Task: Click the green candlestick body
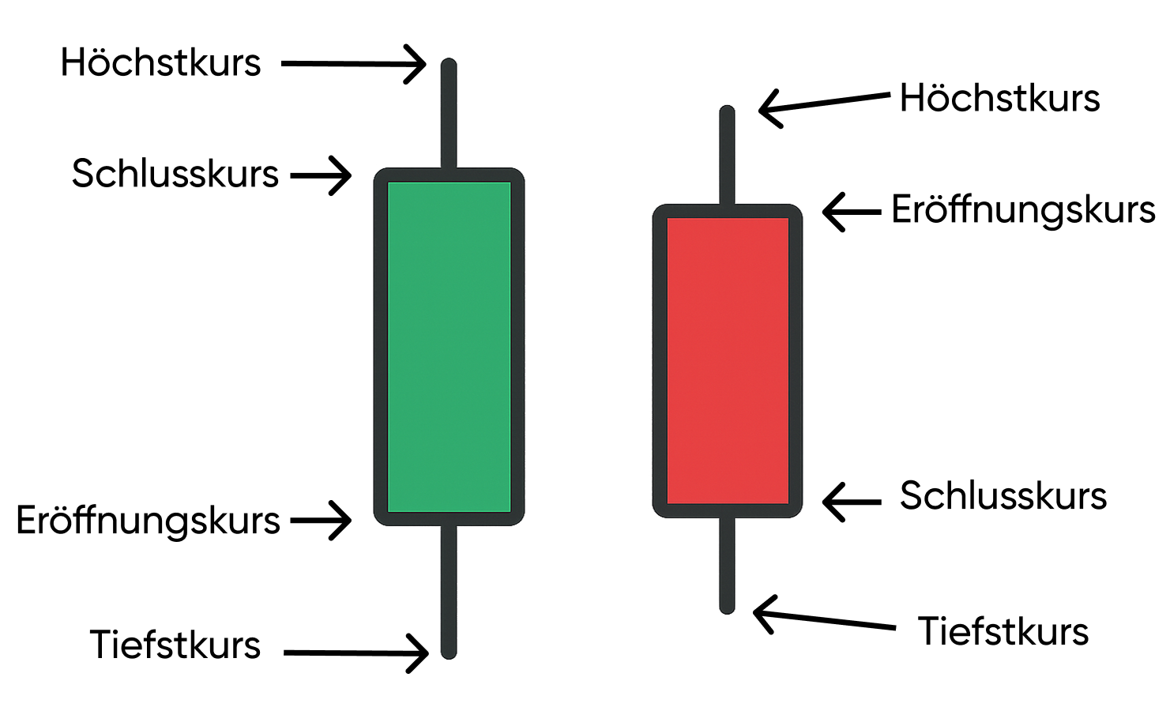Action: pyautogui.click(x=449, y=346)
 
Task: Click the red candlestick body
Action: pyautogui.click(x=728, y=360)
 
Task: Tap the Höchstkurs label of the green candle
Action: pyautogui.click(x=160, y=63)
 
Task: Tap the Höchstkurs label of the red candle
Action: pyautogui.click(x=999, y=99)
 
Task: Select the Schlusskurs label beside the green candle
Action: pyautogui.click(x=175, y=174)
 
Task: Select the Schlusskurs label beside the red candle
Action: pyautogui.click(x=1003, y=496)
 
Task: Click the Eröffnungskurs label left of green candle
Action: pyautogui.click(x=149, y=521)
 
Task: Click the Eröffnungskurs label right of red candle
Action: pyautogui.click(x=1023, y=210)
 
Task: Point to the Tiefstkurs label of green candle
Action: pyautogui.click(x=175, y=645)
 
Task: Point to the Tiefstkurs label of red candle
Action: pyautogui.click(x=1003, y=632)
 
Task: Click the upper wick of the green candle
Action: pyautogui.click(x=449, y=115)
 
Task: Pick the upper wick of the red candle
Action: pyautogui.click(x=728, y=156)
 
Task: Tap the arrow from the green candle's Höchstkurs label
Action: pyautogui.click(x=354, y=64)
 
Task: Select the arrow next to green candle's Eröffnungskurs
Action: pyautogui.click(x=321, y=521)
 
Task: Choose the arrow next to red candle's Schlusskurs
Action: pyautogui.click(x=852, y=501)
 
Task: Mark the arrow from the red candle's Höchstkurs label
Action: pyautogui.click(x=824, y=103)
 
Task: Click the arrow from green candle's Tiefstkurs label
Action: pyautogui.click(x=356, y=653)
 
